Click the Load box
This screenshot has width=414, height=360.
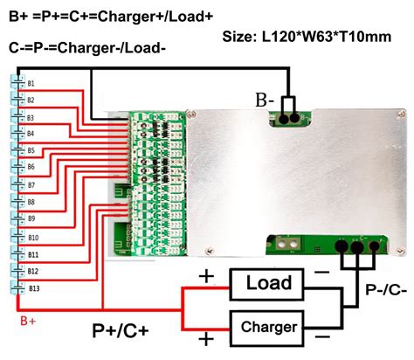click(x=267, y=285)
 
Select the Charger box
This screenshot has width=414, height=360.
click(x=267, y=327)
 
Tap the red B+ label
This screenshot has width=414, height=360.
click(x=27, y=322)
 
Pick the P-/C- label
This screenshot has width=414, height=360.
click(x=380, y=290)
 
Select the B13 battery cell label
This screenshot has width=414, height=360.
click(x=33, y=287)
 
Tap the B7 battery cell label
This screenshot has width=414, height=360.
click(x=31, y=186)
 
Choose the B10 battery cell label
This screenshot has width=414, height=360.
click(x=33, y=237)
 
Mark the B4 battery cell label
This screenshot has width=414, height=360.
click(x=31, y=135)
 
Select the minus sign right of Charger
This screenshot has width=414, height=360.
click(x=322, y=336)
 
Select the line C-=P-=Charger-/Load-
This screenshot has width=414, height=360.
click(x=87, y=46)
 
